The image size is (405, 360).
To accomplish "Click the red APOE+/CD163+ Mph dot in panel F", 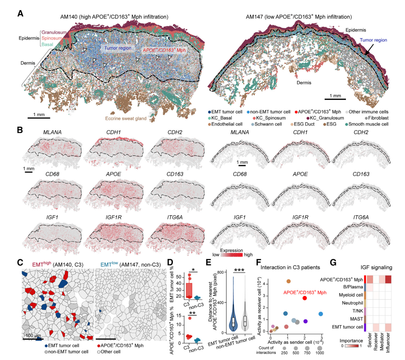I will click(305, 298).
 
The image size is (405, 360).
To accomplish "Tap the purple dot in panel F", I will click(306, 321).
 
